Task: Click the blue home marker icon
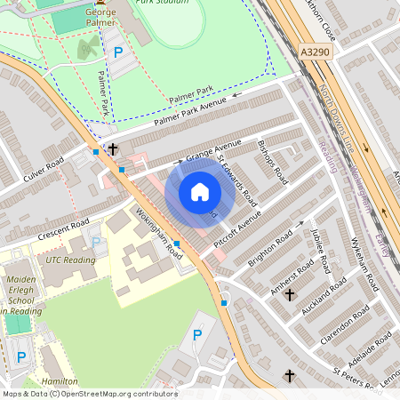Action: pyautogui.click(x=200, y=191)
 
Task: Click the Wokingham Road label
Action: pyautogui.click(x=159, y=234)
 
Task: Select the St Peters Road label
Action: pyautogui.click(x=357, y=370)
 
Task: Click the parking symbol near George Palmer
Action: pyautogui.click(x=118, y=52)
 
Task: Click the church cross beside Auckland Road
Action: pyautogui.click(x=289, y=294)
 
